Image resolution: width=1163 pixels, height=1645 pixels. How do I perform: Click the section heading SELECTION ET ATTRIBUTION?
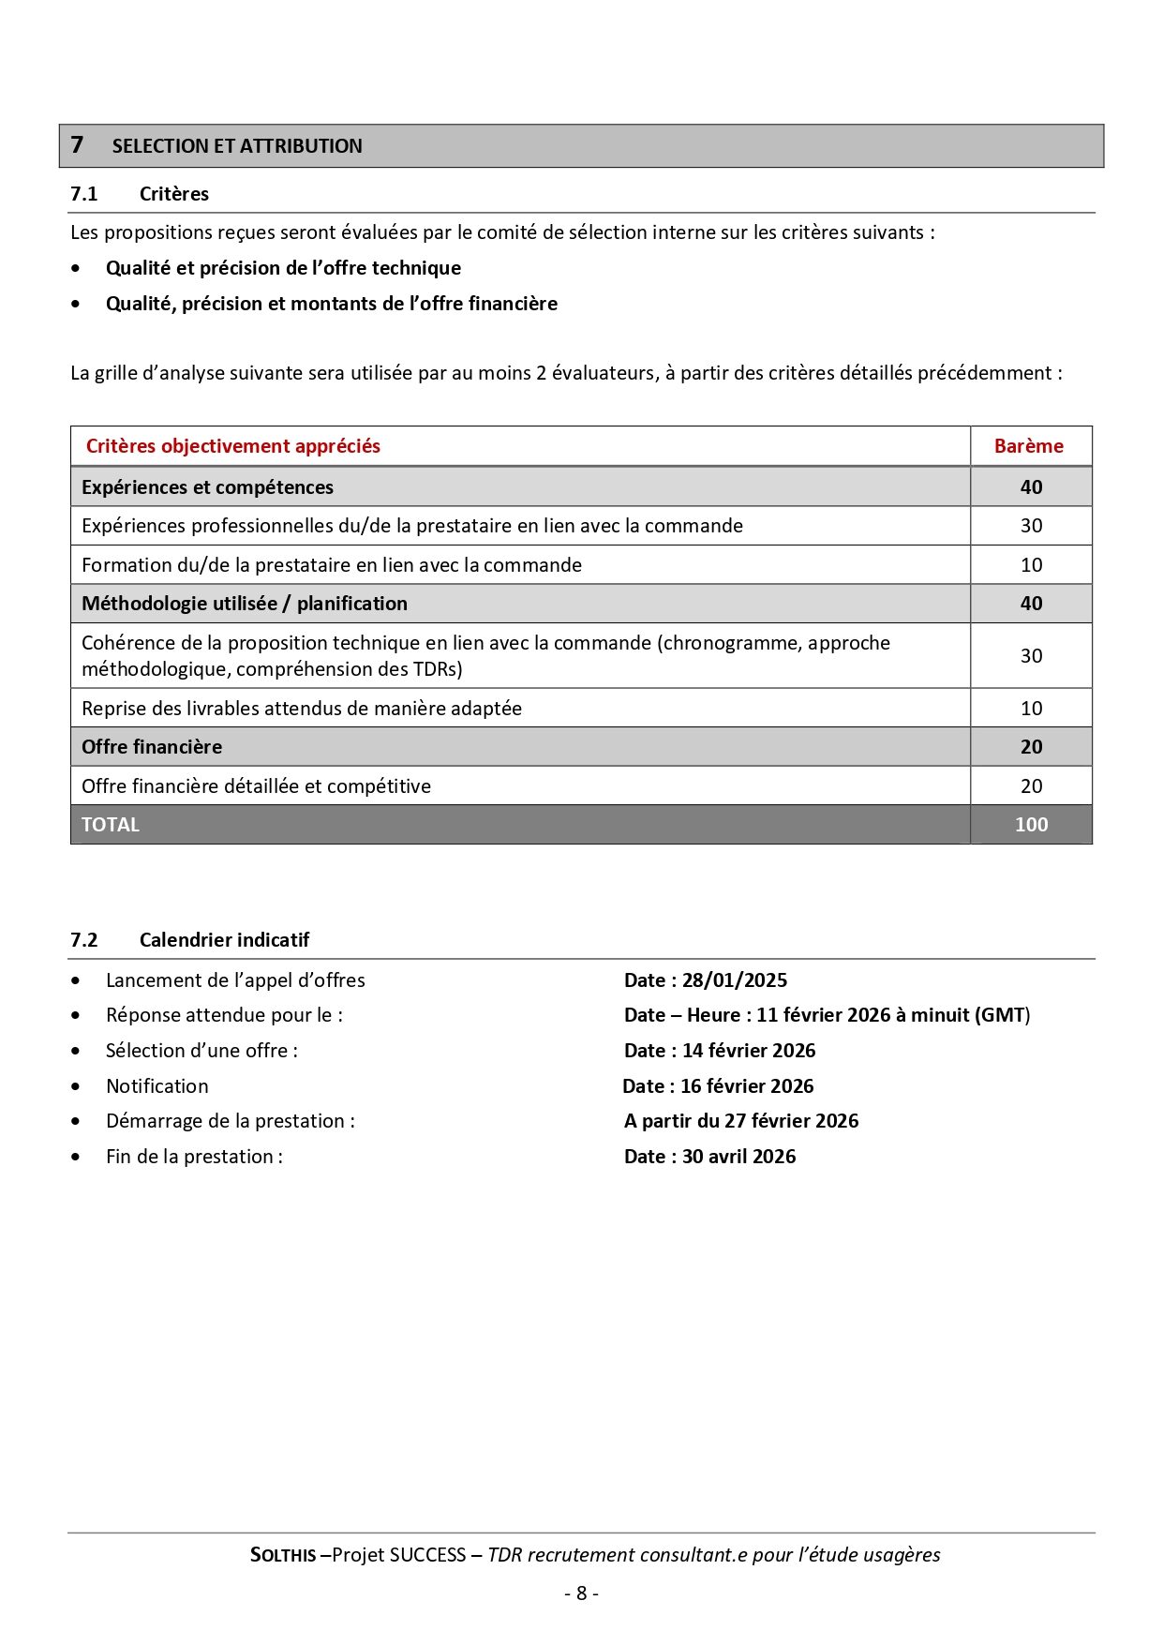[236, 146]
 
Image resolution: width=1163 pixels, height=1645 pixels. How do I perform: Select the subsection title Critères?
[173, 194]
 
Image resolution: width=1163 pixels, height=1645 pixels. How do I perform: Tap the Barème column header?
[1028, 446]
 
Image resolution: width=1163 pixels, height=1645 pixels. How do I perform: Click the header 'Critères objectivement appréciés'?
[232, 446]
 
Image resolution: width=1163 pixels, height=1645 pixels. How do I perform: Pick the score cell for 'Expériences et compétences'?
[1031, 487]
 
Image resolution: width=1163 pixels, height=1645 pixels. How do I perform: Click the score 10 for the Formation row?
[1031, 565]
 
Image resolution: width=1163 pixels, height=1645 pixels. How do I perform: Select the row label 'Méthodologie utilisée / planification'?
[244, 604]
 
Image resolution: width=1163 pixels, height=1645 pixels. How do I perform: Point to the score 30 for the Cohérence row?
[1031, 656]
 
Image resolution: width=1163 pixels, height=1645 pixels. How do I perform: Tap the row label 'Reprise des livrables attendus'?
[301, 709]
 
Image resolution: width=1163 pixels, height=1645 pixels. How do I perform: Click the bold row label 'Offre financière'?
[152, 747]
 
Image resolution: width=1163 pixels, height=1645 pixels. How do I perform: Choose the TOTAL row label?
[110, 825]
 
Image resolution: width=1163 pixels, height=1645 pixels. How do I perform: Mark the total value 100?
[1031, 825]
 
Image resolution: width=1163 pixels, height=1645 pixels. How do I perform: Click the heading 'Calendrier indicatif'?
[224, 940]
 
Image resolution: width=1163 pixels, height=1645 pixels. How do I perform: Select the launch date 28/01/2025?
[734, 980]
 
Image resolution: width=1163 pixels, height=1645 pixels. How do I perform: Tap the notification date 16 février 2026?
[746, 1086]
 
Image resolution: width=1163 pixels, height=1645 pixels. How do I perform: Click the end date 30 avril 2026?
[738, 1157]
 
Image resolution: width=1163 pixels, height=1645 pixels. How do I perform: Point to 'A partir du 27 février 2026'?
[740, 1121]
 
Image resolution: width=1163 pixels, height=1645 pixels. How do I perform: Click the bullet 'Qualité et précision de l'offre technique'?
[283, 268]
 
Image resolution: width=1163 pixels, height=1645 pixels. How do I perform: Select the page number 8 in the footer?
[581, 1593]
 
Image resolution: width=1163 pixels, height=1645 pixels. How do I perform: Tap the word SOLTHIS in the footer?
[283, 1555]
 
